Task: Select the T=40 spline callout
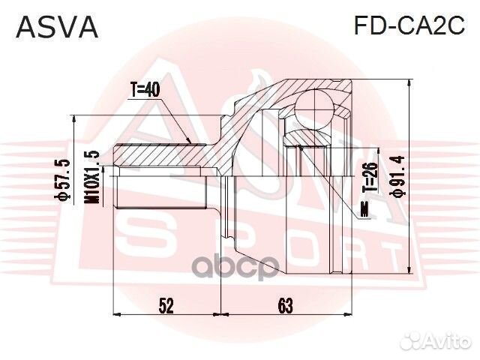coord(145,89)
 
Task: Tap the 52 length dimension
coord(166,305)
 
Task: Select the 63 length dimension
coord(284,305)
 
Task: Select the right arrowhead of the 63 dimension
coord(345,314)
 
